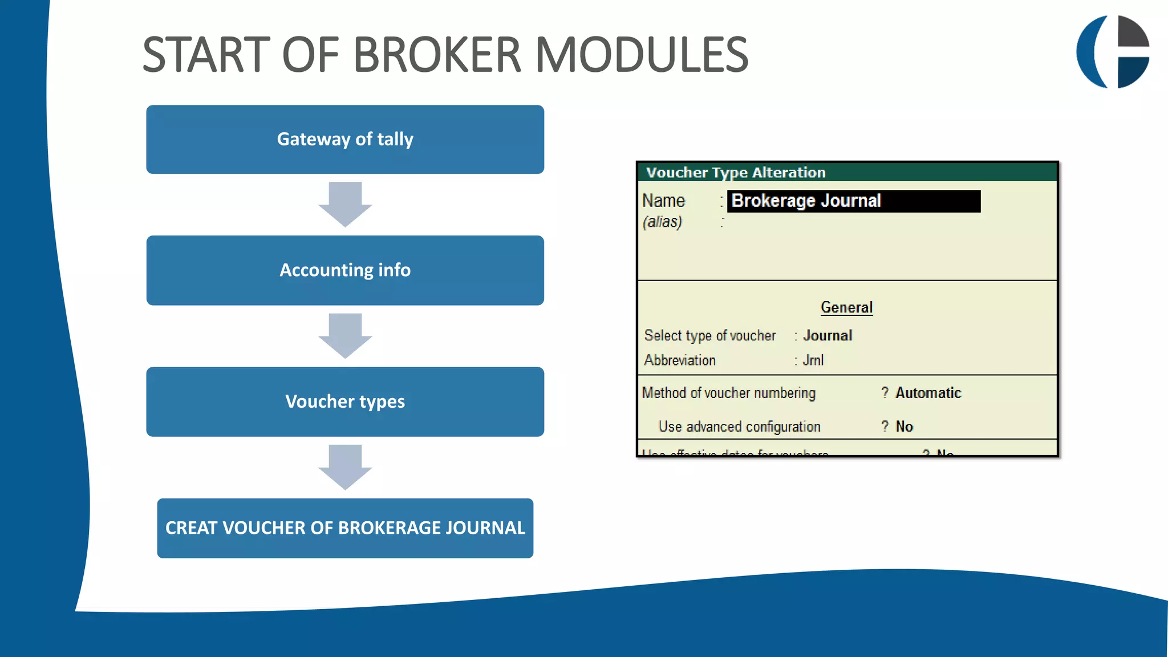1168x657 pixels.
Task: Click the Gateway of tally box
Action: (345, 139)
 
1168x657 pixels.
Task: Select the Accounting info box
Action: (345, 270)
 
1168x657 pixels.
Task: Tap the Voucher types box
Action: (345, 401)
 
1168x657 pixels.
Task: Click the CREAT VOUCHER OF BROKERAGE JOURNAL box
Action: (345, 528)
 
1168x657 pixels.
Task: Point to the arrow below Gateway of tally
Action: (345, 204)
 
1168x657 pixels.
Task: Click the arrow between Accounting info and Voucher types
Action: (345, 335)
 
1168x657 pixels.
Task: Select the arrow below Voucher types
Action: (345, 467)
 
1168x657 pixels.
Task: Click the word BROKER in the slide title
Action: (437, 55)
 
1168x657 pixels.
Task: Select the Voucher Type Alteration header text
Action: (736, 172)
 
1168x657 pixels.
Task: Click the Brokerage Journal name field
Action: (853, 201)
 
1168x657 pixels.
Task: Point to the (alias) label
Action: (662, 222)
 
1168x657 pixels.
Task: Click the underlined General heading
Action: (846, 307)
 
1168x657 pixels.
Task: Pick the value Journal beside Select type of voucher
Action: (828, 335)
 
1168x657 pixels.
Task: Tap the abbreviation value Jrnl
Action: (813, 360)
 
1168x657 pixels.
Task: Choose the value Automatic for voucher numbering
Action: (928, 393)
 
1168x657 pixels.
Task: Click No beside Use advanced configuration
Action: (904, 427)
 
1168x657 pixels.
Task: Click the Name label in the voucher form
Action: (663, 201)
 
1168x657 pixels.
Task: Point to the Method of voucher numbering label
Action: (728, 393)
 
